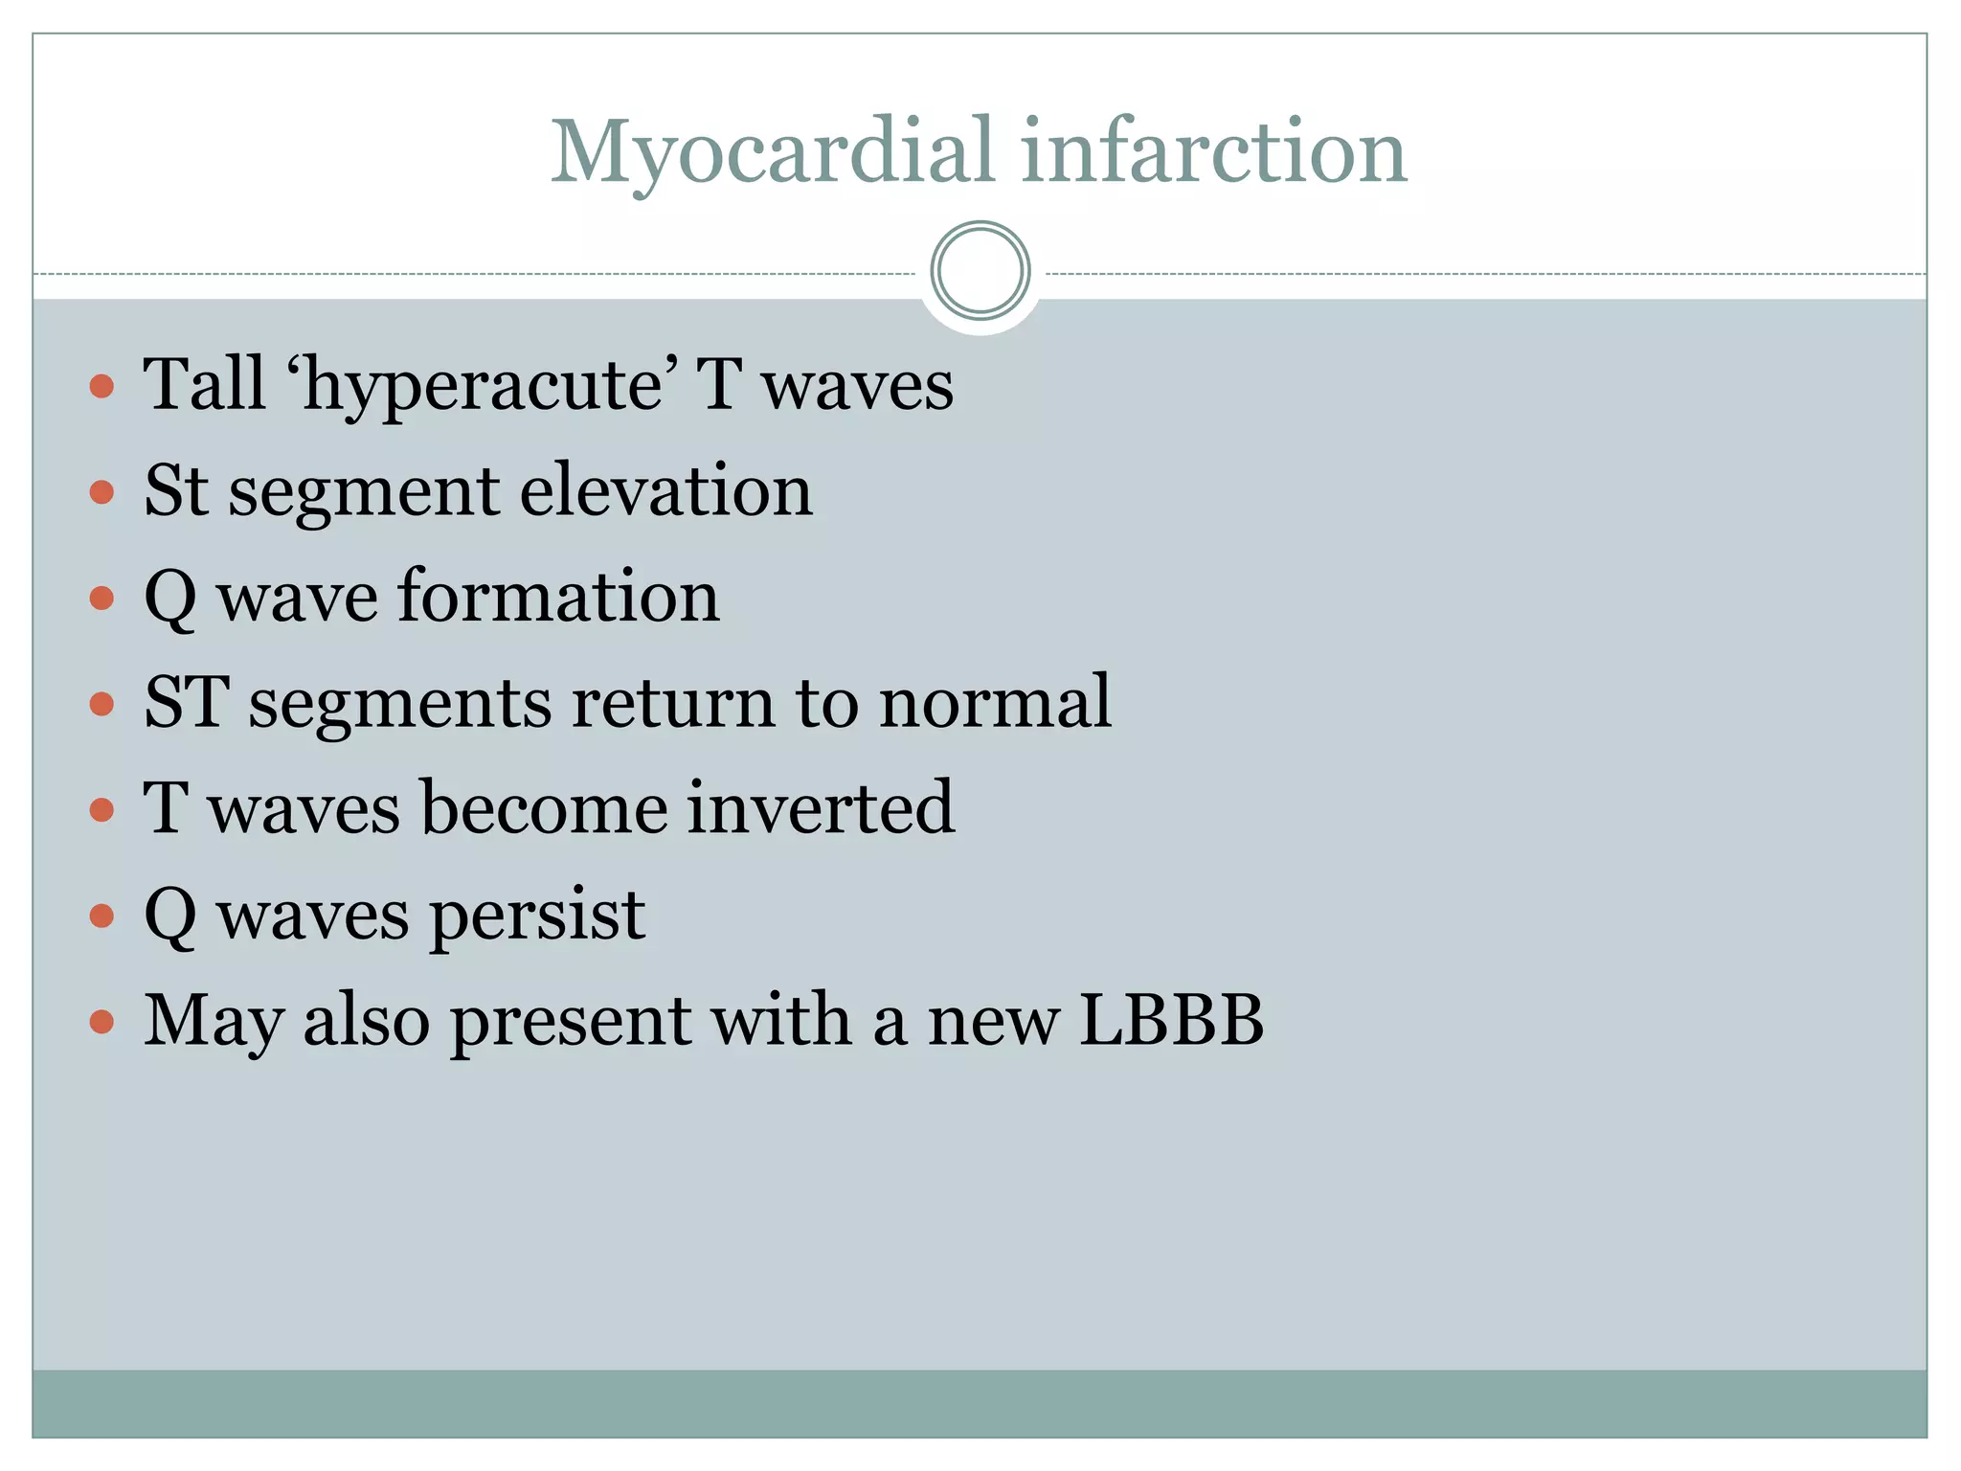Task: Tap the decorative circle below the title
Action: click(980, 270)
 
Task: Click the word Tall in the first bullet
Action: click(204, 384)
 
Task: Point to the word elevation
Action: click(665, 490)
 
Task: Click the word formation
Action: click(557, 596)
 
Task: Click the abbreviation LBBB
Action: click(1171, 1020)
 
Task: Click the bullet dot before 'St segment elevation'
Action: click(101, 492)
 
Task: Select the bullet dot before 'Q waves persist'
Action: click(101, 917)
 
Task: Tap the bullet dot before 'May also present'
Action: click(101, 1022)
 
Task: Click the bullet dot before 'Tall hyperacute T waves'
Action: click(101, 386)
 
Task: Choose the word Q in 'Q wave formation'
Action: click(170, 598)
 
